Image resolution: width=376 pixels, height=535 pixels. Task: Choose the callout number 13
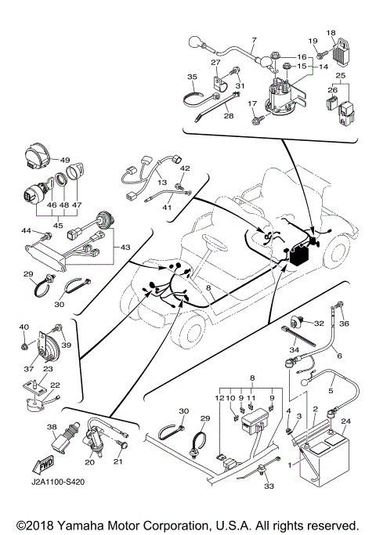click(x=163, y=183)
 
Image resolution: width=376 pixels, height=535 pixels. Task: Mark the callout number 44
click(x=25, y=230)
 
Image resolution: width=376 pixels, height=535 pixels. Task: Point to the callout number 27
click(x=215, y=63)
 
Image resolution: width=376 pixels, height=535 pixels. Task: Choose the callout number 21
click(x=120, y=463)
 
